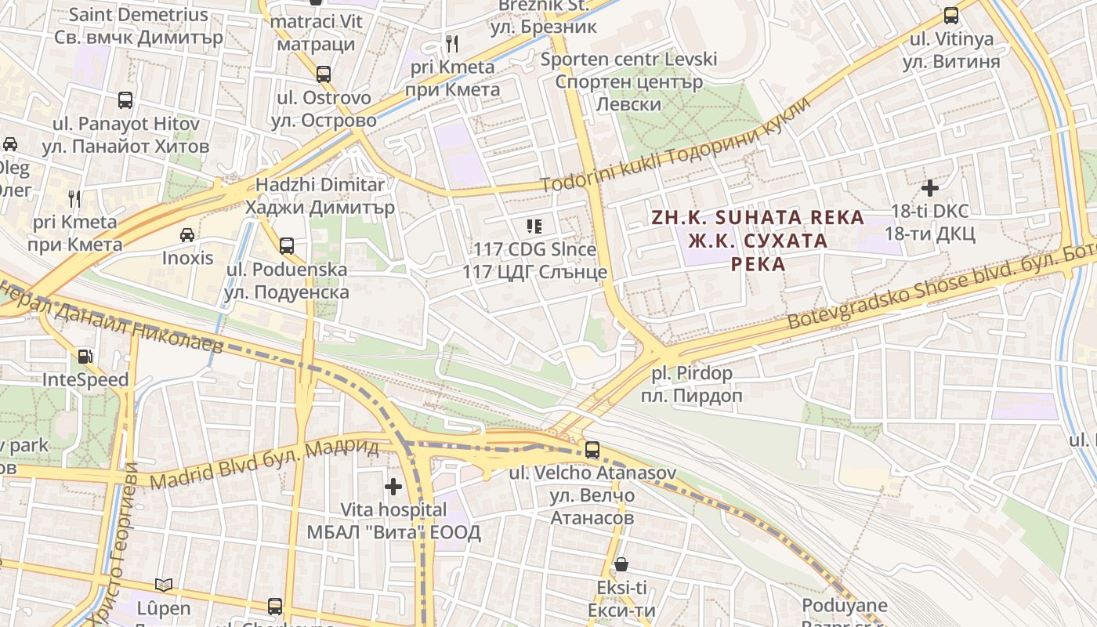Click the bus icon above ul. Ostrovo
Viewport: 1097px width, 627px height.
pyautogui.click(x=323, y=74)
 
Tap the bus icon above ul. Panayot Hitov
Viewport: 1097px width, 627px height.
pyautogui.click(x=125, y=100)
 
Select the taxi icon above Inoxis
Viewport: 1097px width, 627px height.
pyautogui.click(x=187, y=234)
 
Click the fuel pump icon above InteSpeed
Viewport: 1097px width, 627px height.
pyautogui.click(x=85, y=357)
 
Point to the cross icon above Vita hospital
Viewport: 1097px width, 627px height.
pyautogui.click(x=393, y=487)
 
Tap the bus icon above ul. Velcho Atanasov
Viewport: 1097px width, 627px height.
pyautogui.click(x=592, y=450)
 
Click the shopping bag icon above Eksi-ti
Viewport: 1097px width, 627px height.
pyautogui.click(x=621, y=564)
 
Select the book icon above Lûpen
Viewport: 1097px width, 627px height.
pyautogui.click(x=164, y=585)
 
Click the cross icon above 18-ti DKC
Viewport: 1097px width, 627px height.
pyautogui.click(x=930, y=188)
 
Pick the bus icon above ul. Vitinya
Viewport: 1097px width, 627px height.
pyautogui.click(x=951, y=15)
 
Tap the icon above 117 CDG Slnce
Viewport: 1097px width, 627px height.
pyautogui.click(x=534, y=227)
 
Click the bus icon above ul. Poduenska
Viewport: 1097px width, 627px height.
pyautogui.click(x=287, y=246)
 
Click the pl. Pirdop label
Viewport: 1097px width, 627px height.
pyautogui.click(x=692, y=384)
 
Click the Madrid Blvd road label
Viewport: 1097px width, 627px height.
pyautogui.click(x=265, y=462)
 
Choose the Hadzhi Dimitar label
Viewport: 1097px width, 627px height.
pyautogui.click(x=320, y=196)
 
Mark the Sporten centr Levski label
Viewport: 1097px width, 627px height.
pyautogui.click(x=628, y=81)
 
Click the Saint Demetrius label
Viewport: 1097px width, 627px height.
pyautogui.click(x=139, y=25)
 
